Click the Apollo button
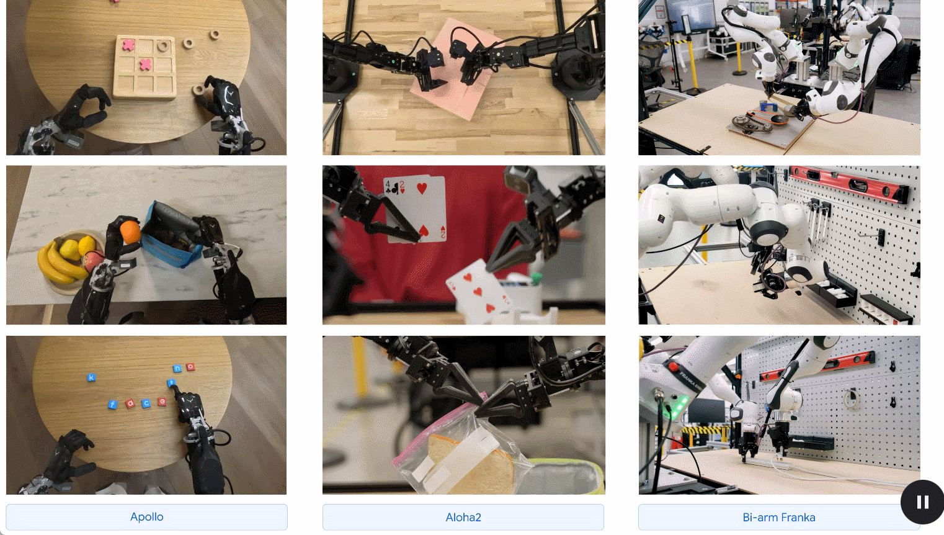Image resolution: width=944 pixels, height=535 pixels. pos(146,517)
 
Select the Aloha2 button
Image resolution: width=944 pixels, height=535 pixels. pos(463,517)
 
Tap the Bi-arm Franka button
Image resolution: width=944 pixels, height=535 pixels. pos(779,517)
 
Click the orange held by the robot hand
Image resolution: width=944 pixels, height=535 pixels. pos(130,232)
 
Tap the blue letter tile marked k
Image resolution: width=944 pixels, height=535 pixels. pos(91,377)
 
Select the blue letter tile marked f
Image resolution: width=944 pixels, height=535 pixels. pos(112,405)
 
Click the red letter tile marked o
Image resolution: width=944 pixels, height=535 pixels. pos(190,367)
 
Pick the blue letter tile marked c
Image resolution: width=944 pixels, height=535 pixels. pos(146,403)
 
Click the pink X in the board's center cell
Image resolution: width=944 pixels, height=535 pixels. pos(145,65)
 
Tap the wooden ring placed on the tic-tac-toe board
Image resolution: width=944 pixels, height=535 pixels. pos(164,45)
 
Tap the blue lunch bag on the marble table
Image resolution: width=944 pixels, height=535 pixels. pos(171,236)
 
